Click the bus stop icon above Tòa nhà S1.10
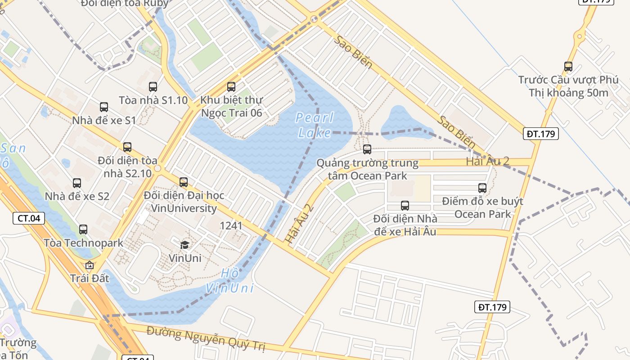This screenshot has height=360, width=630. [153, 87]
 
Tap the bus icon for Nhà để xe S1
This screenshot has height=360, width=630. [104, 107]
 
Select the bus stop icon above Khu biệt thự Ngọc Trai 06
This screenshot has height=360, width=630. [231, 87]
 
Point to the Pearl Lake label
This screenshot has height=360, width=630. [315, 125]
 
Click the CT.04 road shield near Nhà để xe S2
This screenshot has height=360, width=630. [29, 219]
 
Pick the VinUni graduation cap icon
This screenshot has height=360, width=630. [184, 245]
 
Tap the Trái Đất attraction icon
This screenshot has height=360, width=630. [90, 265]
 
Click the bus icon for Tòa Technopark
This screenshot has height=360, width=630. [83, 229]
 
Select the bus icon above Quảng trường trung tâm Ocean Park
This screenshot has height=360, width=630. [367, 149]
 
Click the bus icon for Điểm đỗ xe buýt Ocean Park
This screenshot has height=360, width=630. [482, 188]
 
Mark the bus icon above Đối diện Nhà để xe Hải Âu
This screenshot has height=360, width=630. [405, 206]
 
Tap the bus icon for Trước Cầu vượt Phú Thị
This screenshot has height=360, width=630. [568, 67]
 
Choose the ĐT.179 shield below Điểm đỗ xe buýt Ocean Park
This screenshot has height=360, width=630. [492, 307]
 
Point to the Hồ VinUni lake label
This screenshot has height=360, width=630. [230, 281]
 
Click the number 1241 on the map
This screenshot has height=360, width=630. [231, 226]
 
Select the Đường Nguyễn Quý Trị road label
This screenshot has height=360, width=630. [206, 340]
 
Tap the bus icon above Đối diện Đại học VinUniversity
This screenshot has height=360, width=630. [184, 182]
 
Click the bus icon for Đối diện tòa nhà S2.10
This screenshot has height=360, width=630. [127, 147]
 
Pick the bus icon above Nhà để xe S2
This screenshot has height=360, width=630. [77, 183]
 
